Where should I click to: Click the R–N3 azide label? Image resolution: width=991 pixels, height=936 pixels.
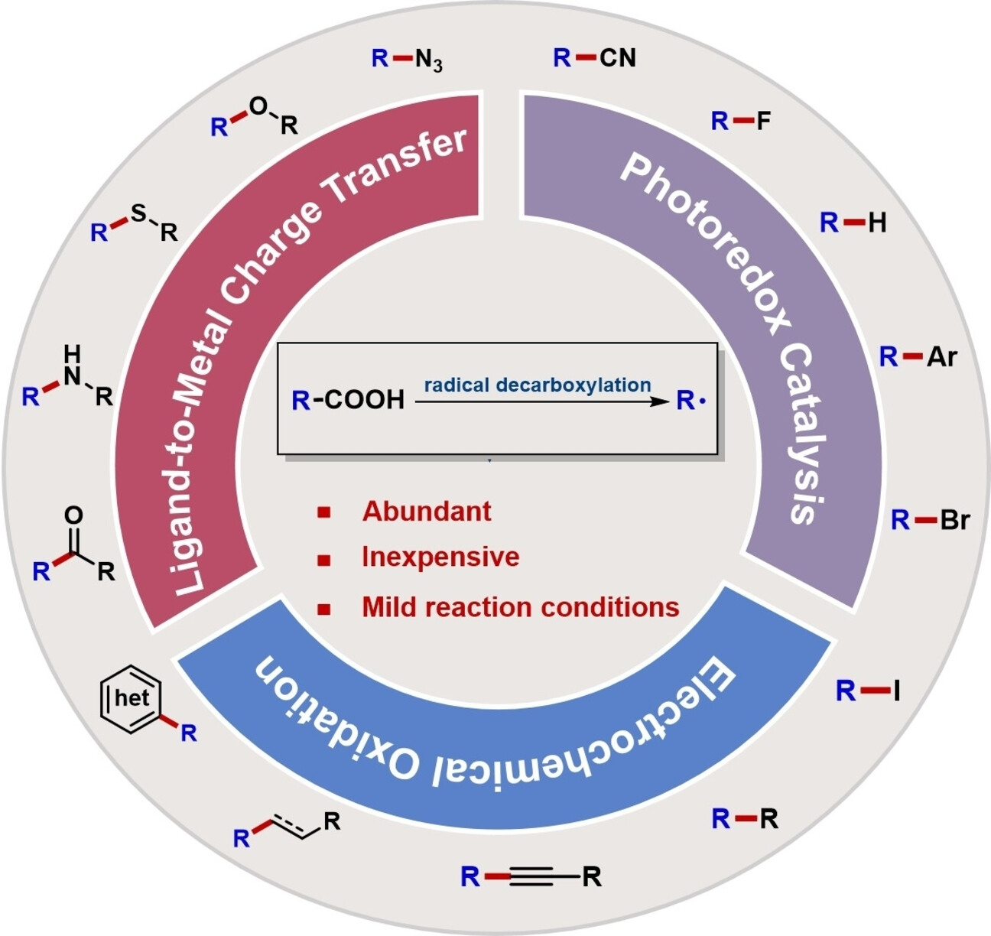click(407, 59)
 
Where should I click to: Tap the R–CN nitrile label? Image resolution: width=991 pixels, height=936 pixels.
click(594, 57)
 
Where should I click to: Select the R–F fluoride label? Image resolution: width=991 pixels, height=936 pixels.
click(740, 121)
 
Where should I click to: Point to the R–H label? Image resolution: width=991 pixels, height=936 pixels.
click(853, 223)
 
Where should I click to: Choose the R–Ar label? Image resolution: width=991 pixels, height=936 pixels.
click(918, 356)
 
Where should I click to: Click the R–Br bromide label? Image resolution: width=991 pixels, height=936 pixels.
click(930, 521)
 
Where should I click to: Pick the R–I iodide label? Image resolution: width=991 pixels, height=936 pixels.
click(867, 691)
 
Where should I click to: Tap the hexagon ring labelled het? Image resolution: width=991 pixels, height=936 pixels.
click(132, 697)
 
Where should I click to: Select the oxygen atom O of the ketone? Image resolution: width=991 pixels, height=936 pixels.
click(73, 515)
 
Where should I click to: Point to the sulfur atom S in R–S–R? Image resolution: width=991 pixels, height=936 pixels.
click(138, 213)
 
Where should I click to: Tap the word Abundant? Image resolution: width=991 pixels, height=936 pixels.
click(427, 511)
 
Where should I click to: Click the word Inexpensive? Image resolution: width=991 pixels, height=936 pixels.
click(440, 557)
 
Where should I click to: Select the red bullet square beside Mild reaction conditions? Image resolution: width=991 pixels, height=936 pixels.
click(324, 609)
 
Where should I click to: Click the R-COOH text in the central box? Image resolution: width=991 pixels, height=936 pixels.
click(348, 399)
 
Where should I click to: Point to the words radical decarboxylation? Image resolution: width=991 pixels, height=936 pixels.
click(538, 385)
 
